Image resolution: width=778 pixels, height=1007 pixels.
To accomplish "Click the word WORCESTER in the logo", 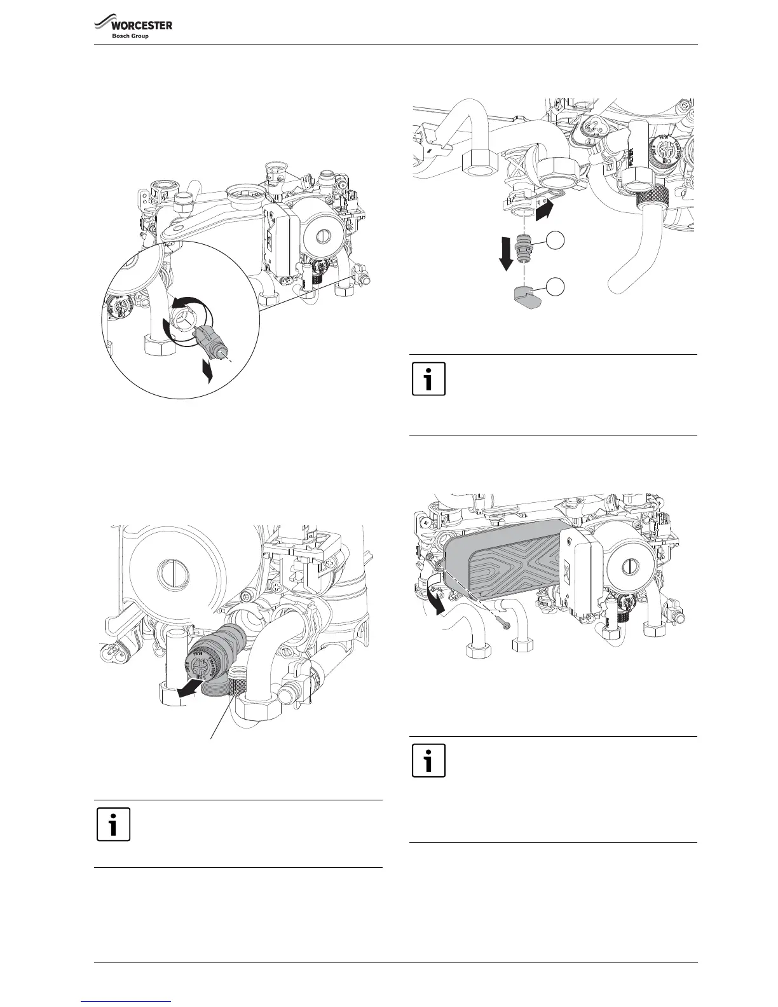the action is tap(142, 25).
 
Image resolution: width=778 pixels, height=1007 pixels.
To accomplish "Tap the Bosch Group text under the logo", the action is tap(130, 36).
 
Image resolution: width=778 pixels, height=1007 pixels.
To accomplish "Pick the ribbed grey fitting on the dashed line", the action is tap(524, 247).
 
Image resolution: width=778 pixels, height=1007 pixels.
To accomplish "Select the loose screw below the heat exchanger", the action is tap(502, 617).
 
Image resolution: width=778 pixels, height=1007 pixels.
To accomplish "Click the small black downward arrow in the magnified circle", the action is tap(205, 370).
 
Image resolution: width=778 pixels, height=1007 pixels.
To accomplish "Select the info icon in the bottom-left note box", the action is tap(113, 824).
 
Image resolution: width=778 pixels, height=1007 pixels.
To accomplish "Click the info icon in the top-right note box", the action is tap(428, 379).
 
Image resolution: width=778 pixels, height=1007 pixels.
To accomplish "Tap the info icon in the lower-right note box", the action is tap(428, 760).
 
